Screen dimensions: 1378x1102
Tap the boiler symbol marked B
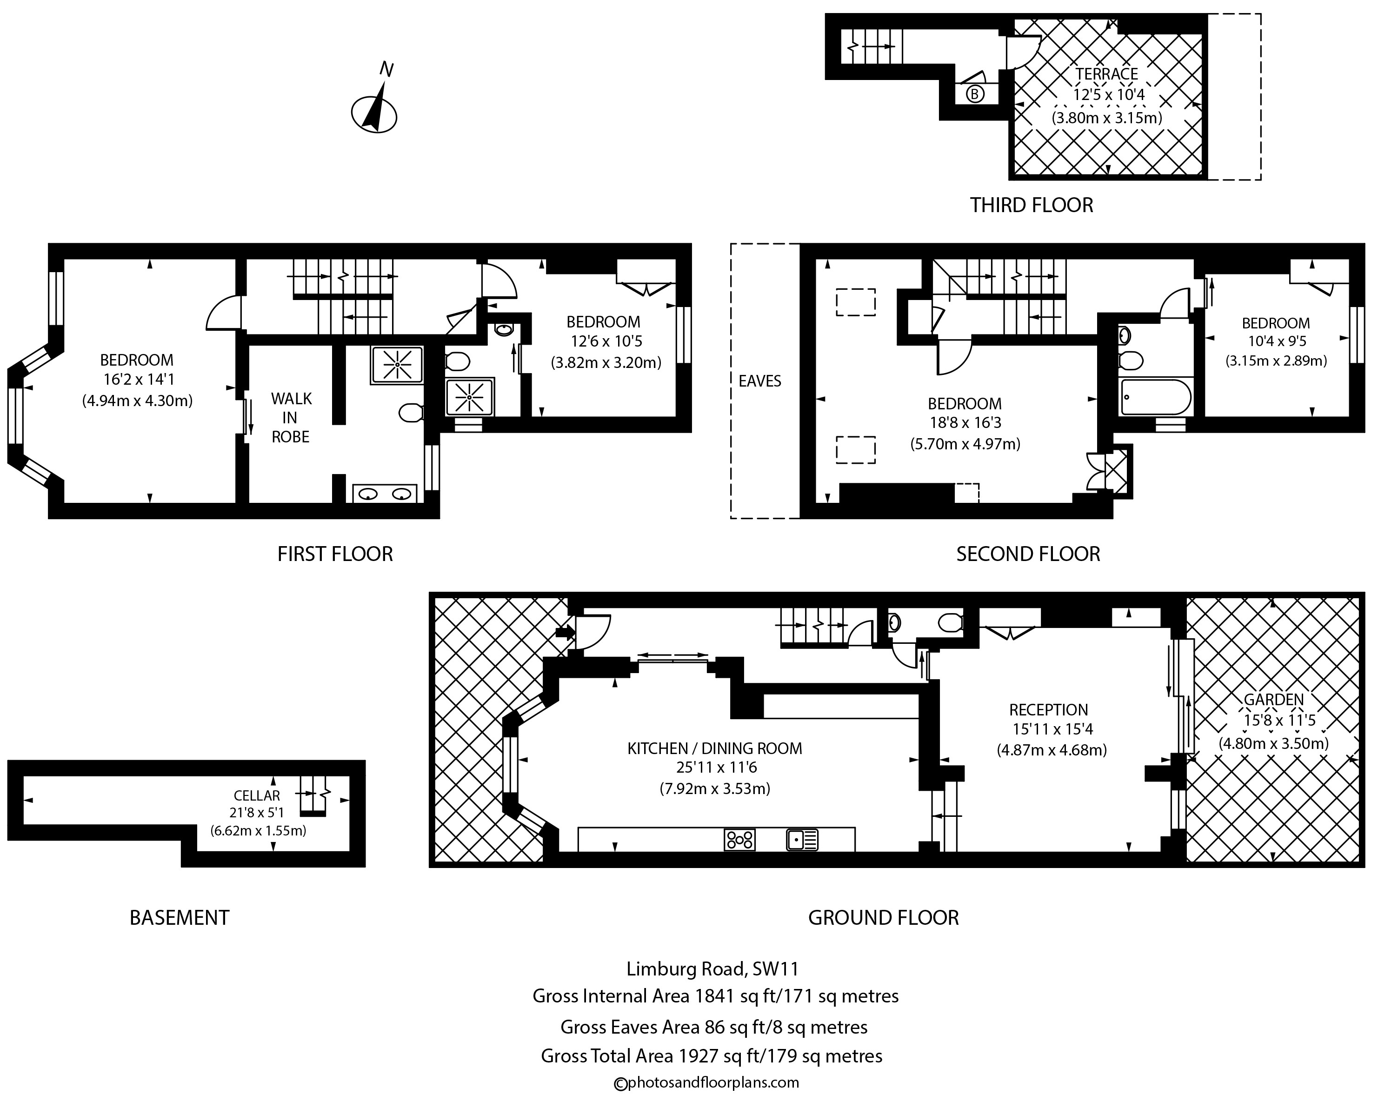click(974, 94)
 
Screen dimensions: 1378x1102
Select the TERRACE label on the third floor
click(1106, 74)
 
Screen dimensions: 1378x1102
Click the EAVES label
click(760, 381)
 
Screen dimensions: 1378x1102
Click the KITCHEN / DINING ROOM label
click(714, 748)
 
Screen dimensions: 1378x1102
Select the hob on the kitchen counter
click(739, 839)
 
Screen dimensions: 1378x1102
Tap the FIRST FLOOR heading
click(335, 554)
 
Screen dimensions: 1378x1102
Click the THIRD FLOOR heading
click(1032, 205)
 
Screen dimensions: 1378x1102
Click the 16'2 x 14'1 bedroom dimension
click(139, 380)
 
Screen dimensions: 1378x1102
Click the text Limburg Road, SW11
click(712, 969)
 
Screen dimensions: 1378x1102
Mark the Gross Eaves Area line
click(714, 1027)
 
